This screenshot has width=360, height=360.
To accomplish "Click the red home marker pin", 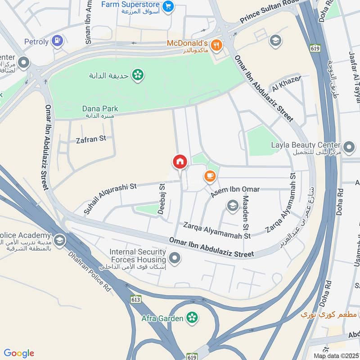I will pos(180,162).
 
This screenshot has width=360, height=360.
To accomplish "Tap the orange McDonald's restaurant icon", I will pos(217,45).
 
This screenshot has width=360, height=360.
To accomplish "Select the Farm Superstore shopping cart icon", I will pos(168,6).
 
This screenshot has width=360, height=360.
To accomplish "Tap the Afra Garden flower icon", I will pos(193,318).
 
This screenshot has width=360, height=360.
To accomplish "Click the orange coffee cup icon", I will pos(210,176).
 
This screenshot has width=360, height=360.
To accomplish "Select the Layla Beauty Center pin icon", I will pos(349,147).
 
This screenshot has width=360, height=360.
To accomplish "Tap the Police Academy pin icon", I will pos(59,240).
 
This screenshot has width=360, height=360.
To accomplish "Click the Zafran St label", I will pos(90,139).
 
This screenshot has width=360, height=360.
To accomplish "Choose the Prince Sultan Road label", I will pos(269,11).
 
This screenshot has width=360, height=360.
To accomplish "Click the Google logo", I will pos(19,353).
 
